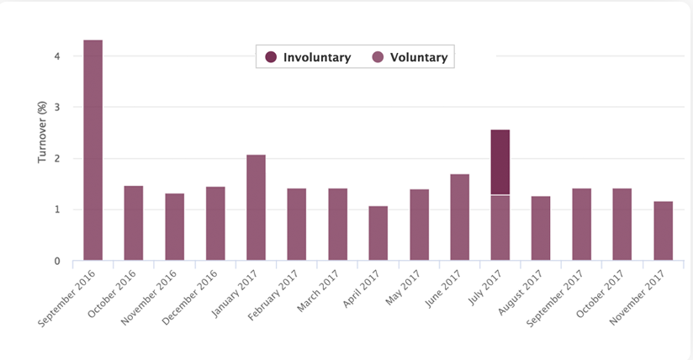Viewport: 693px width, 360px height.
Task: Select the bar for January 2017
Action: click(256, 208)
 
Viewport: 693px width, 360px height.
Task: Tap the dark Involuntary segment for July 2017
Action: click(500, 162)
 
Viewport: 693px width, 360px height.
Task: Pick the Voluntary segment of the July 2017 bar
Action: click(500, 227)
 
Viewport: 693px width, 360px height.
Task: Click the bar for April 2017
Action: click(378, 233)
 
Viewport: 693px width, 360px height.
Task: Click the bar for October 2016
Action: click(133, 223)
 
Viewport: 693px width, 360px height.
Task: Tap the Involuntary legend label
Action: click(316, 57)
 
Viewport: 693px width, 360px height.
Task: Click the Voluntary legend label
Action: click(419, 57)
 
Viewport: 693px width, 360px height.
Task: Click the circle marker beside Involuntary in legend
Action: click(271, 57)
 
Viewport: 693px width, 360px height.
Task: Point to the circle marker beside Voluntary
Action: click(378, 57)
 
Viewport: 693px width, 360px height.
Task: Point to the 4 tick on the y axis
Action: click(56, 56)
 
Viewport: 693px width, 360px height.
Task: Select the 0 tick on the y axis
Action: click(56, 261)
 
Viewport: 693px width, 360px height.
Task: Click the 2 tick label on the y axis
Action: click(56, 159)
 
